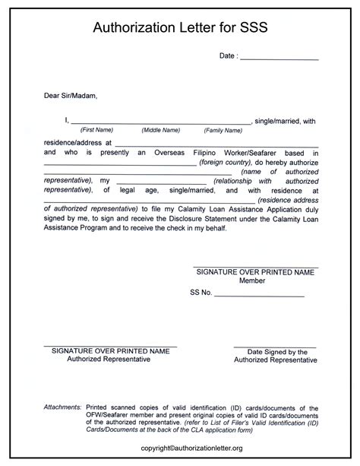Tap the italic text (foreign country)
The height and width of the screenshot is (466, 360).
click(226, 163)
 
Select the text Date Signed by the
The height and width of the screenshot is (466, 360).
click(276, 352)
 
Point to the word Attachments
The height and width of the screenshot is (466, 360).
click(62, 407)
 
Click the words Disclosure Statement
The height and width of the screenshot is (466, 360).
click(204, 217)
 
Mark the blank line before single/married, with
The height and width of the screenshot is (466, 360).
click(160, 122)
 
